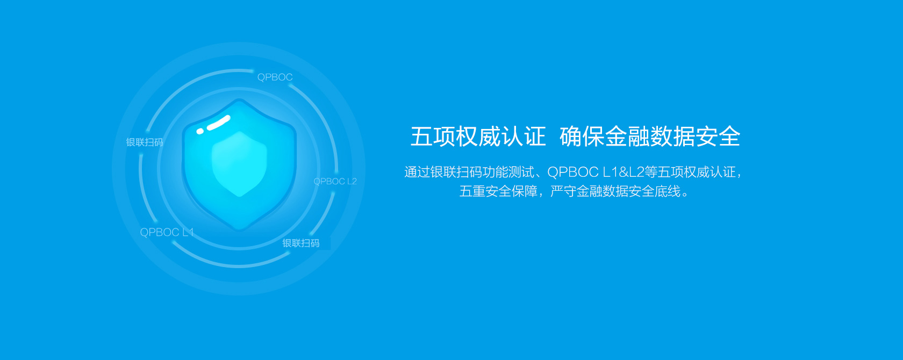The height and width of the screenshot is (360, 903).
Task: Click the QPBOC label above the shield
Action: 275,77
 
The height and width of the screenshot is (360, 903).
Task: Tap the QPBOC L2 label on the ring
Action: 335,182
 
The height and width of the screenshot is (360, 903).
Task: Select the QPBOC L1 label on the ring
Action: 167,232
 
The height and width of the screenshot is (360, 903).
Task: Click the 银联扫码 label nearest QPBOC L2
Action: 301,243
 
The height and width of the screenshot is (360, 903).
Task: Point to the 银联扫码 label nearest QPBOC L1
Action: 144,142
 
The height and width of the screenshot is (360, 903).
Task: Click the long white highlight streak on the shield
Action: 218,123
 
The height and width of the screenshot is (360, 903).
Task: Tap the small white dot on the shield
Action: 200,131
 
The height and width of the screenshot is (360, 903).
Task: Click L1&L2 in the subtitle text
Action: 623,172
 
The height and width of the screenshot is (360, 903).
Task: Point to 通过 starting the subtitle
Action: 417,172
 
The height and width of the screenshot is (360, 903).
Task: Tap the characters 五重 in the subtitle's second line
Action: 472,191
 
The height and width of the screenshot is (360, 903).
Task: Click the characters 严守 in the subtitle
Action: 563,191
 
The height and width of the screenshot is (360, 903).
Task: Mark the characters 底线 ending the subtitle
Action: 667,191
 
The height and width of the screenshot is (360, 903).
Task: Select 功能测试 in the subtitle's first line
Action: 508,172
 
